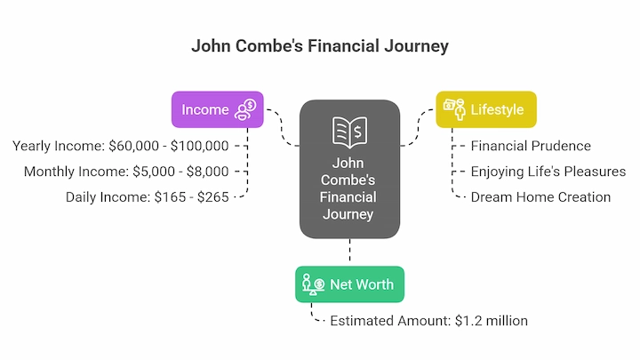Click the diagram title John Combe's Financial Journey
tap(320, 46)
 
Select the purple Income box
tap(218, 109)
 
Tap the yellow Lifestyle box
tap(486, 109)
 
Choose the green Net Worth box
tap(350, 284)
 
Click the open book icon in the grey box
tap(350, 132)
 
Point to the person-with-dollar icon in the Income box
tap(245, 109)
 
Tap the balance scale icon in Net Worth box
tap(314, 284)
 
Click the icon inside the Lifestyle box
tap(454, 109)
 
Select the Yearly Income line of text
tap(120, 146)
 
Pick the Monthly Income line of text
tap(126, 172)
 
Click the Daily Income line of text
tap(148, 197)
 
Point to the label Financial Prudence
tap(531, 146)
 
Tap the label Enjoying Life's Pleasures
tap(548, 172)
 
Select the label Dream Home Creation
tap(540, 197)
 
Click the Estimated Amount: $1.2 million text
tap(429, 321)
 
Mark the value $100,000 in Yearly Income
tap(200, 146)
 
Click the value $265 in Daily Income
tap(213, 197)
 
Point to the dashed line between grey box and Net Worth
tap(350, 250)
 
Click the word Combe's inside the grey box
tap(348, 180)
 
